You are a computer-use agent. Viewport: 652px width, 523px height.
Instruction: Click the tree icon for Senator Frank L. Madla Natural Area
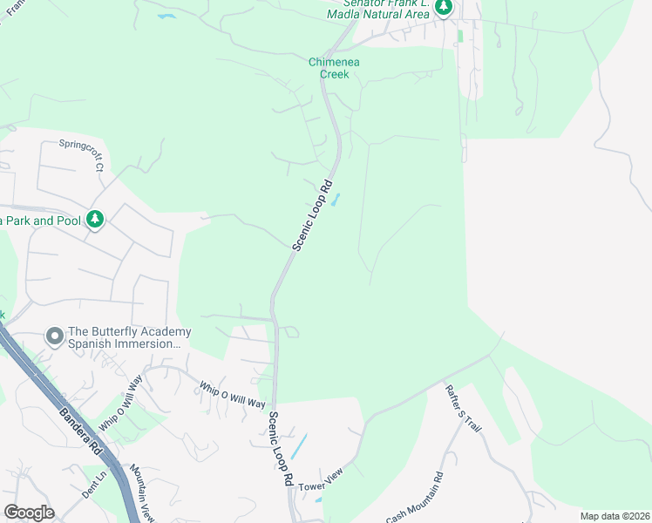[444, 7]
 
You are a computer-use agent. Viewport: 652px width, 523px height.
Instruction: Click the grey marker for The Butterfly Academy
[55, 336]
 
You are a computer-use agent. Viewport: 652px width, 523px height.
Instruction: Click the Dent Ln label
[93, 491]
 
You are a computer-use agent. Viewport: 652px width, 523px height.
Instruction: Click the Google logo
[29, 512]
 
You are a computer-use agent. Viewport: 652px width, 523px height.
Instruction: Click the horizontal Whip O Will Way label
[232, 395]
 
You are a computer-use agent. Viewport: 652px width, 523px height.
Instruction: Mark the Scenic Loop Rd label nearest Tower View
[279, 449]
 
